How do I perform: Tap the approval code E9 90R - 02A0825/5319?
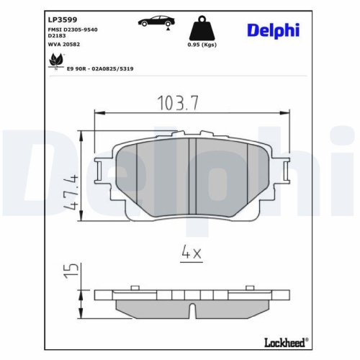[x=99, y=68]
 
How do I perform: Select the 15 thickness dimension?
[x=69, y=270]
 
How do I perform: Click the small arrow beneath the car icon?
[x=168, y=30]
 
